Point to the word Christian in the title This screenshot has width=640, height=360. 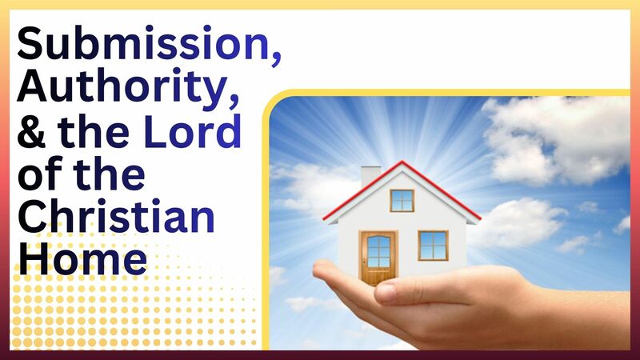115,216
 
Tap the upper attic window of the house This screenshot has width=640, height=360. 402,200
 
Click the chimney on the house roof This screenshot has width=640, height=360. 370,176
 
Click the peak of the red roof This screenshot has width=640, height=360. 402,163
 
